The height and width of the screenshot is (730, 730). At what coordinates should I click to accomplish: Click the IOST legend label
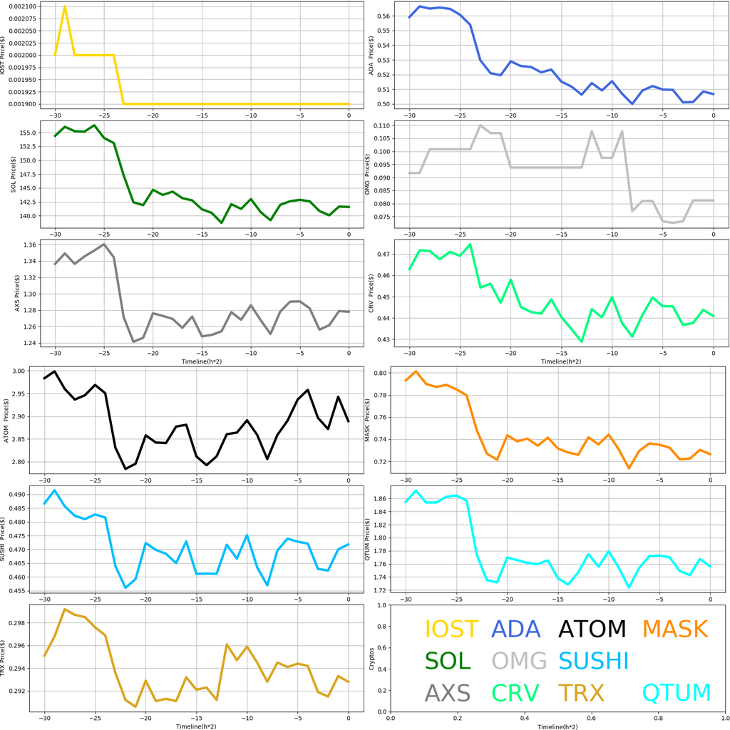pyautogui.click(x=451, y=629)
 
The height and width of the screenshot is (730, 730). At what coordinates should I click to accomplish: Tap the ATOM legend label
pyautogui.click(x=592, y=629)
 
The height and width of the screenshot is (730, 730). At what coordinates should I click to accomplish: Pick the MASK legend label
pyautogui.click(x=674, y=629)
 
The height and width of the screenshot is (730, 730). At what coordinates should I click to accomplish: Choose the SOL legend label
pyautogui.click(x=448, y=661)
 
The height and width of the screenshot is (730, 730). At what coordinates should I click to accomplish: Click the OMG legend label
pyautogui.click(x=519, y=661)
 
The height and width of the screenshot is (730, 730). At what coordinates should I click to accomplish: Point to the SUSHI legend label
pyautogui.click(x=593, y=661)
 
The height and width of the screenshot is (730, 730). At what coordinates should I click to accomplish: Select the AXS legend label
pyautogui.click(x=448, y=692)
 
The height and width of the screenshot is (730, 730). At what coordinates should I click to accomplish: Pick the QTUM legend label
pyautogui.click(x=677, y=692)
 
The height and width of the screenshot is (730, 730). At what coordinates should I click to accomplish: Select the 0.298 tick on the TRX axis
pyautogui.click(x=26, y=623)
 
